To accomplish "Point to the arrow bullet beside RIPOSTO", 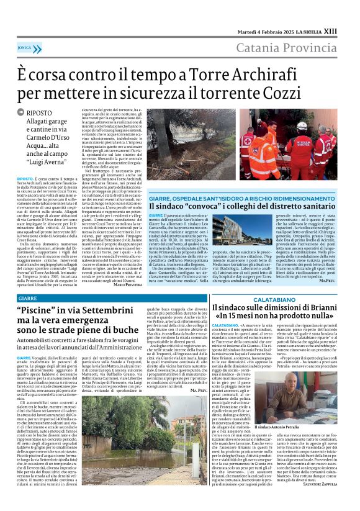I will (21, 114).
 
